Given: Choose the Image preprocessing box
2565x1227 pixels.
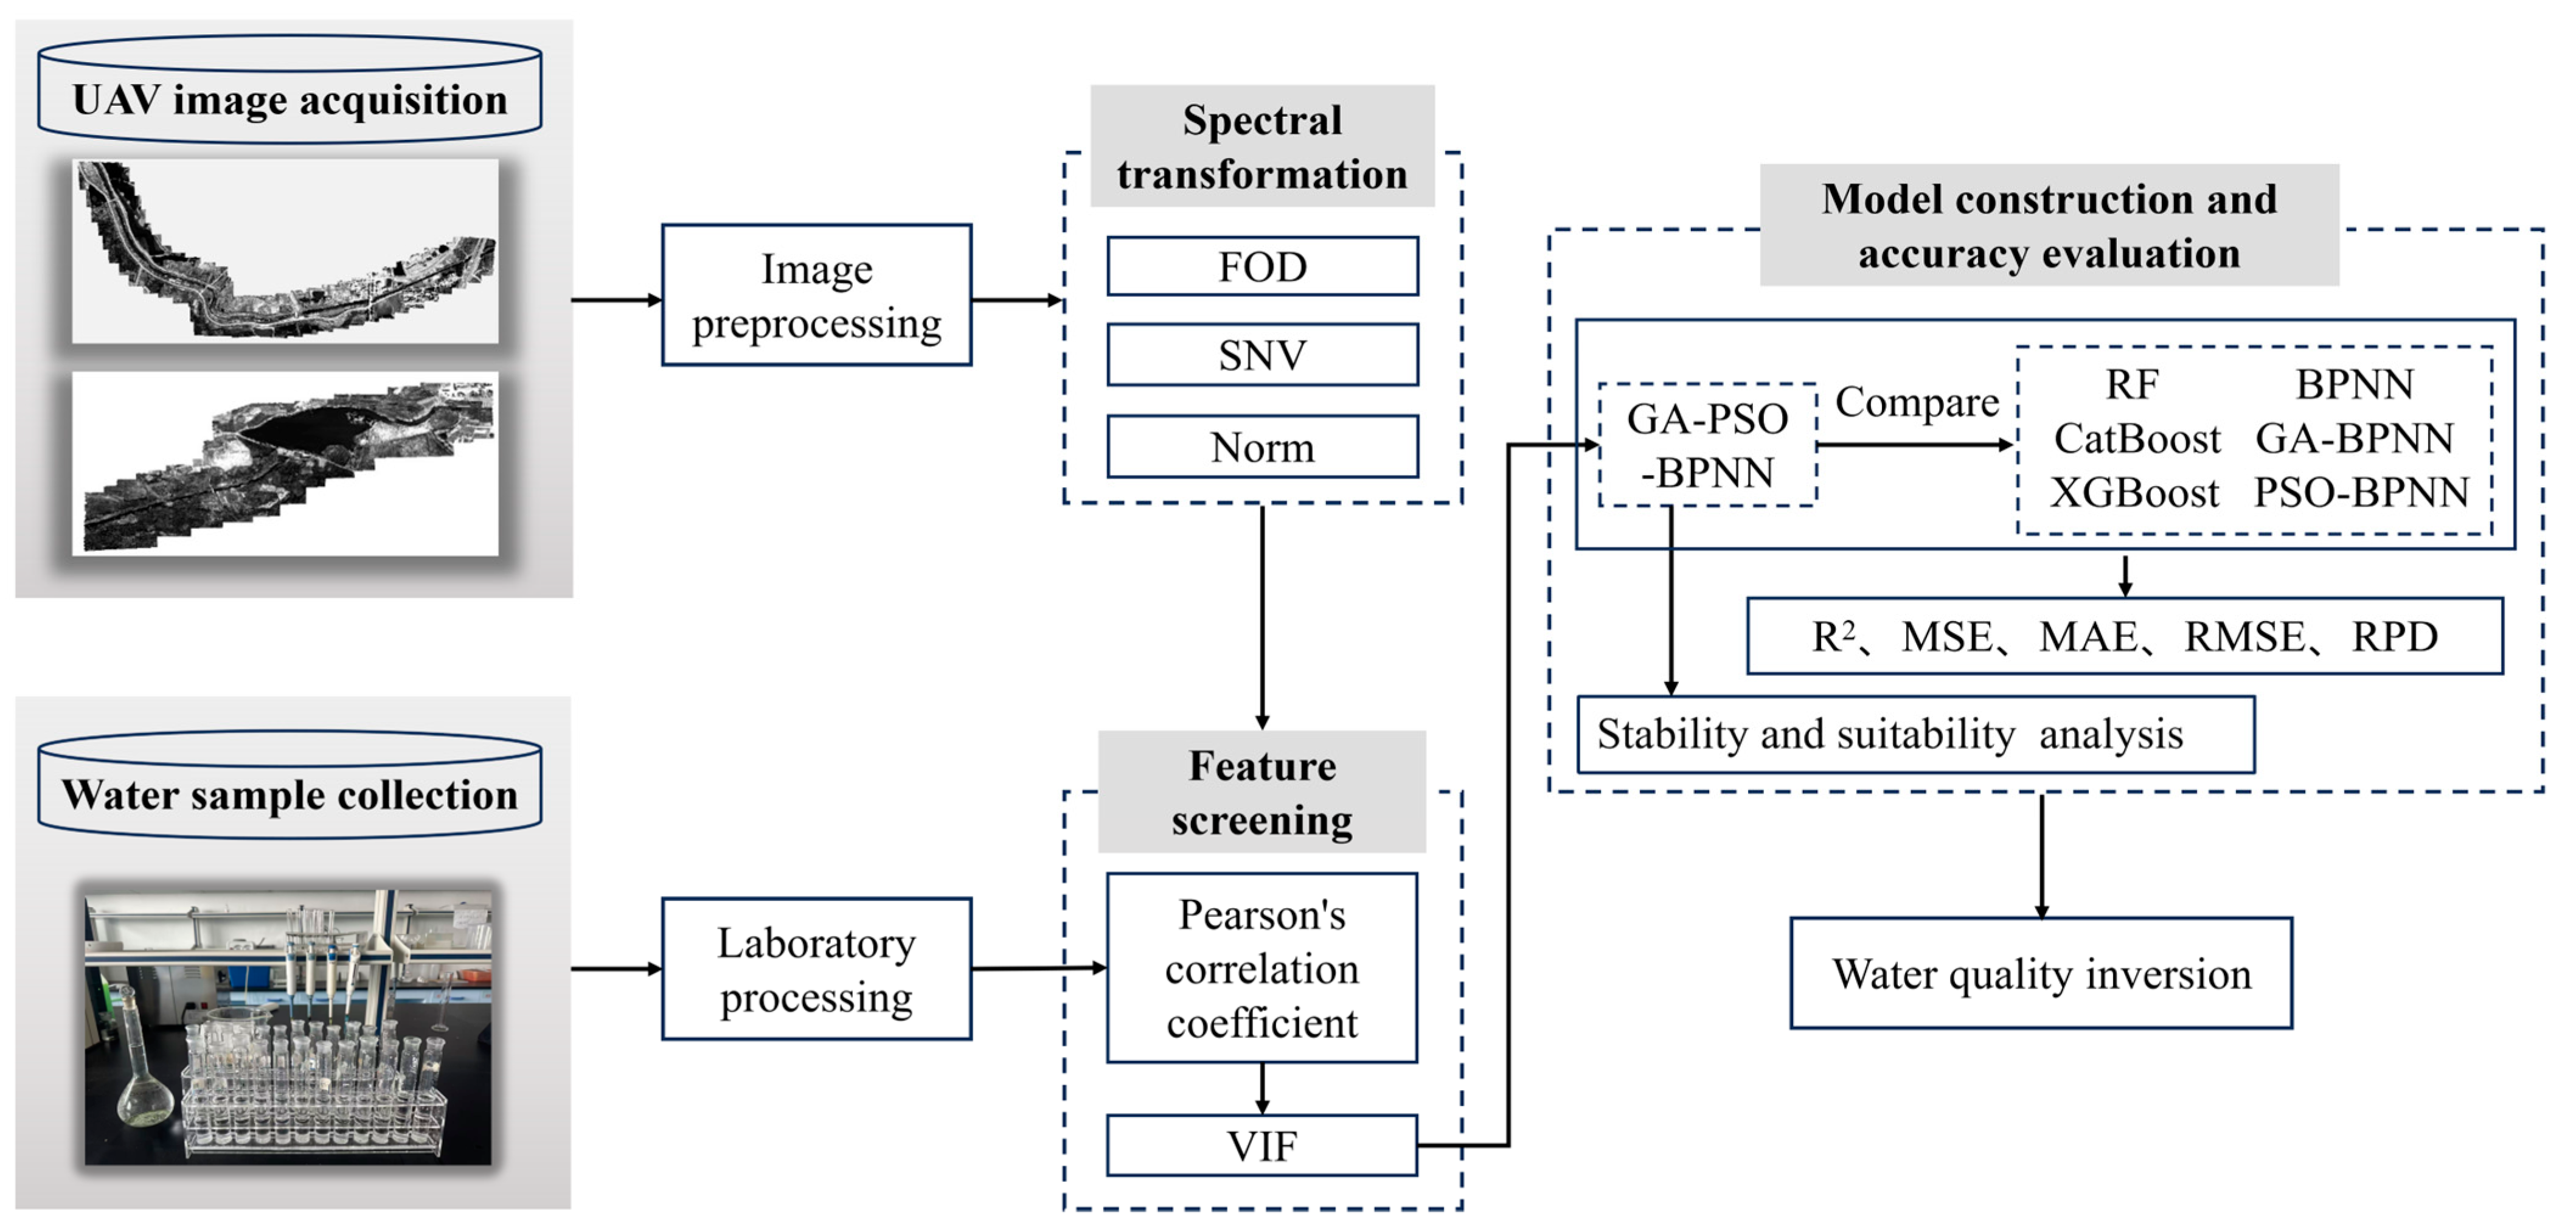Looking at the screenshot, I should pos(816,295).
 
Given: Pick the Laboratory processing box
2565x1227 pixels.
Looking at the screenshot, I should pos(816,969).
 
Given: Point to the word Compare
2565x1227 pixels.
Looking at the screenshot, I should pos(1916,401).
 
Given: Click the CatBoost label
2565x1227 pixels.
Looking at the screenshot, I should pos(2137,438).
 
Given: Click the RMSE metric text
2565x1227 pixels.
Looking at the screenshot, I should pos(2244,636).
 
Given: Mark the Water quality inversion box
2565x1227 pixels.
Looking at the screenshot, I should pos(2041,973).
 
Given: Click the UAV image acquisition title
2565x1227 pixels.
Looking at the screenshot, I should pos(290,100).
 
